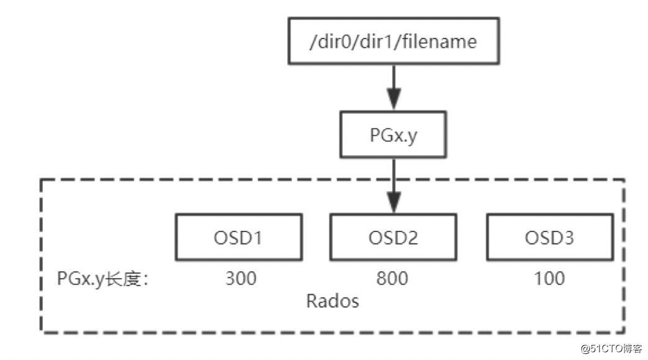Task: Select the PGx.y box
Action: pyautogui.click(x=392, y=133)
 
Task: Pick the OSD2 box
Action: pyautogui.click(x=392, y=238)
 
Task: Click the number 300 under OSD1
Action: pyautogui.click(x=240, y=278)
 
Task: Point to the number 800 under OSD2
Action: pyautogui.click(x=392, y=278)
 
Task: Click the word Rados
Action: pyautogui.click(x=333, y=301)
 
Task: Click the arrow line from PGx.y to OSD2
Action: pyautogui.click(x=392, y=177)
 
